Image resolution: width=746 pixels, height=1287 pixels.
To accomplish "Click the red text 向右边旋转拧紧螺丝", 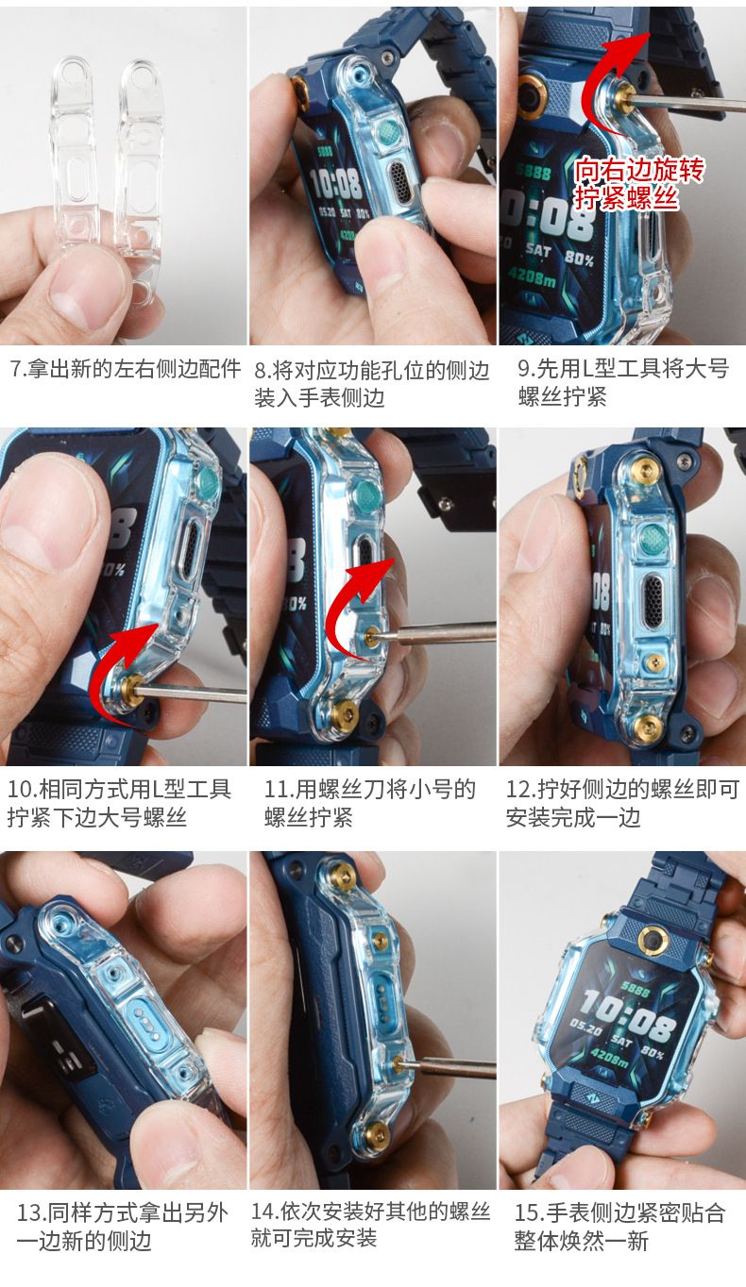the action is [638, 184].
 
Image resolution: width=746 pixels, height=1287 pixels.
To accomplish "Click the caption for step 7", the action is [126, 368].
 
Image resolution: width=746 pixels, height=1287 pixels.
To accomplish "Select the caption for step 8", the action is [371, 383].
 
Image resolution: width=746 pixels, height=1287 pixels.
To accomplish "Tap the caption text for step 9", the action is [623, 382].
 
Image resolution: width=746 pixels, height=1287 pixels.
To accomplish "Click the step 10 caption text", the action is [120, 803].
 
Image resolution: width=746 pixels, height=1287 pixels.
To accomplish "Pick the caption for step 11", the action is [370, 803].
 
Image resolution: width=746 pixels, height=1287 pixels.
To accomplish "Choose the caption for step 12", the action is [622, 803].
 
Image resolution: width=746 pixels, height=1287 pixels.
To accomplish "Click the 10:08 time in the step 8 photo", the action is [335, 184].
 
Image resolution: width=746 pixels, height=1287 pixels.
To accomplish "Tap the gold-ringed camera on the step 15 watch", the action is [652, 941].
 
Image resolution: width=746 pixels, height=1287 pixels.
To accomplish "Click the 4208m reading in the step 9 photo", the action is [532, 278].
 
